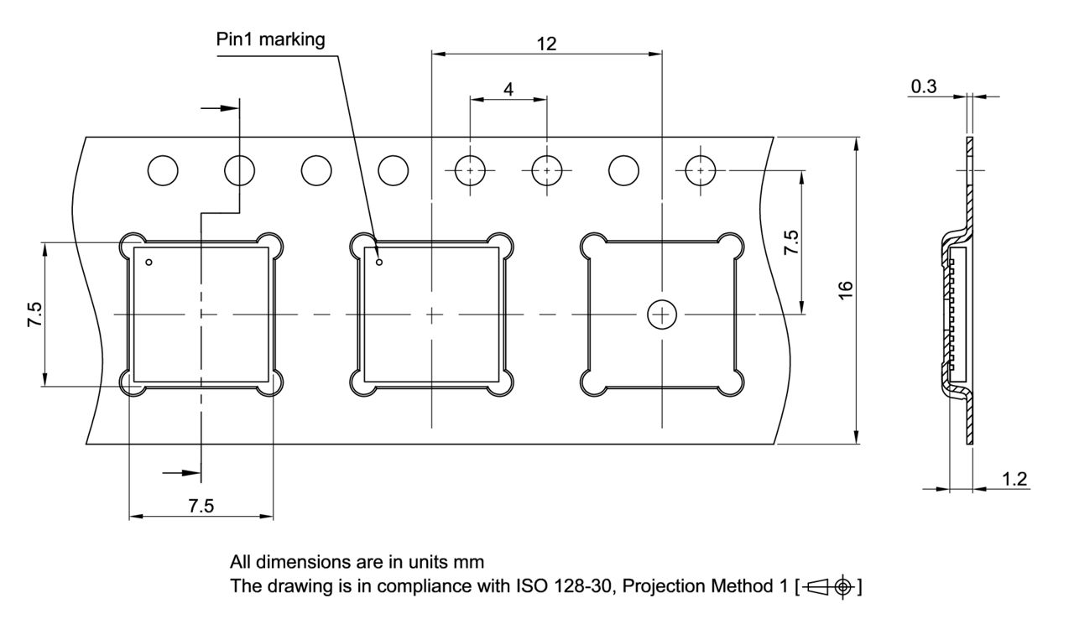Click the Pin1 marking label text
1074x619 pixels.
click(x=270, y=39)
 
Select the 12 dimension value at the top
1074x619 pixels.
click(x=546, y=44)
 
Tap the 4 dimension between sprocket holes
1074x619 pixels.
click(x=508, y=89)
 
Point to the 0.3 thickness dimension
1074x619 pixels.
click(x=923, y=86)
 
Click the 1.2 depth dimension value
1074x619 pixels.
click(x=1015, y=479)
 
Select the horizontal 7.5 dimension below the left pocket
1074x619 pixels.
click(x=201, y=506)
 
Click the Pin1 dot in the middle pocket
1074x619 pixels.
click(x=379, y=263)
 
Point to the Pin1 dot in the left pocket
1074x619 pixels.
click(x=149, y=263)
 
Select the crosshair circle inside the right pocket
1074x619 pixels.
click(x=662, y=315)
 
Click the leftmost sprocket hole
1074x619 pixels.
click(x=163, y=170)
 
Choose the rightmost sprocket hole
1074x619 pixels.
click(x=701, y=170)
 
